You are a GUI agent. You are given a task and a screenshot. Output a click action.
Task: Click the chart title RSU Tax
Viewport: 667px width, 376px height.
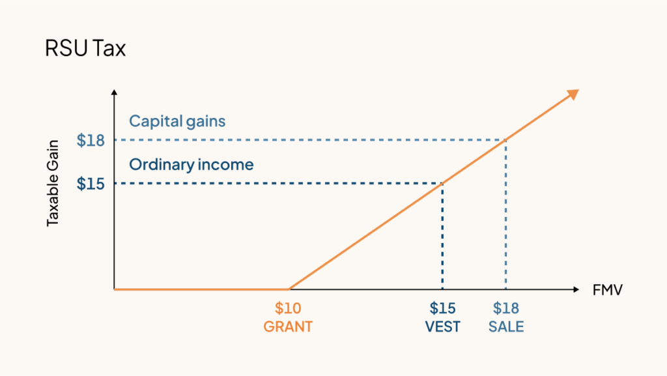coord(85,49)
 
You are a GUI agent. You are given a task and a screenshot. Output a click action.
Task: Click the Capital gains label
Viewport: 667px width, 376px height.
coord(177,121)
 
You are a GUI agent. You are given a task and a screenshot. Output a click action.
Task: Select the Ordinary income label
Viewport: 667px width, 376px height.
coord(191,165)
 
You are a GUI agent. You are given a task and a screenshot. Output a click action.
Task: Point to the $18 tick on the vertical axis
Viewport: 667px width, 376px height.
coord(91,140)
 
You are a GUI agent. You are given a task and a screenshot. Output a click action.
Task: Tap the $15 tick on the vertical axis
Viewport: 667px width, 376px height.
coord(91,183)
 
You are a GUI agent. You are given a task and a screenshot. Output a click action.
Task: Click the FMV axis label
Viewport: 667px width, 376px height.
coord(608,289)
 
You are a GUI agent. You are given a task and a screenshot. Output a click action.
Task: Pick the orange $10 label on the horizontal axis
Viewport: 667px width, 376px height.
coord(288,308)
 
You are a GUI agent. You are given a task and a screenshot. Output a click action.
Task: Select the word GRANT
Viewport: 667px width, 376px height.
coord(288,326)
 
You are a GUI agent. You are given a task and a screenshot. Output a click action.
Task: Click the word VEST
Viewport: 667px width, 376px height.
coord(442,326)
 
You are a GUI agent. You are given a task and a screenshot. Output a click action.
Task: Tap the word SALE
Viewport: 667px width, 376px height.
coord(506,326)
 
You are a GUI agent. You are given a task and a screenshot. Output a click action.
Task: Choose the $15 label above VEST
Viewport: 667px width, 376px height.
coord(442,308)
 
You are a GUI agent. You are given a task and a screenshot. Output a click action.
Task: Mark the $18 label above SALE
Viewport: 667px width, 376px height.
coord(506,308)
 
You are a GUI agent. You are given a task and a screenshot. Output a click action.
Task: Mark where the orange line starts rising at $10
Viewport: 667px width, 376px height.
coord(289,289)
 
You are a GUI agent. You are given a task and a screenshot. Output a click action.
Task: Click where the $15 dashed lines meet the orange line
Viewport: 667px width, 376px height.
coord(443,183)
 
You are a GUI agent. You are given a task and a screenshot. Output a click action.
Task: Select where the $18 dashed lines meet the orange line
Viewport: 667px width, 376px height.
coord(506,140)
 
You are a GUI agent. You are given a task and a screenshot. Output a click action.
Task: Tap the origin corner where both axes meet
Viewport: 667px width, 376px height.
coord(114,289)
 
